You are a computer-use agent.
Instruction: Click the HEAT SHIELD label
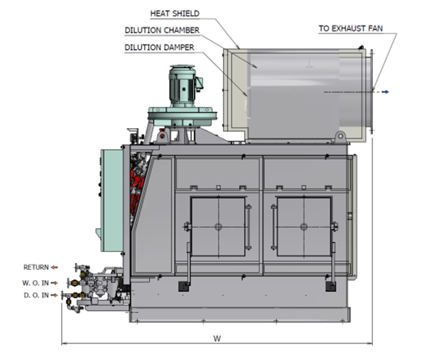click(175, 13)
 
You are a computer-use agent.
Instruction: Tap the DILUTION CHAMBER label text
click(162, 30)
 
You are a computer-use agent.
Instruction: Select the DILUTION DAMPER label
click(159, 47)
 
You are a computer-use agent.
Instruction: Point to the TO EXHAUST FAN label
click(350, 29)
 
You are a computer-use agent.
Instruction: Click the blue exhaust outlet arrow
click(385, 92)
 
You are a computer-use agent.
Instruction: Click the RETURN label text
click(36, 267)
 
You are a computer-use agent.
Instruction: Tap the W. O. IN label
click(36, 282)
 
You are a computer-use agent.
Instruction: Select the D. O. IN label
click(36, 295)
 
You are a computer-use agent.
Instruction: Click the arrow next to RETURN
click(54, 267)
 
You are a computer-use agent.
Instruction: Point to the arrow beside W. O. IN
click(54, 283)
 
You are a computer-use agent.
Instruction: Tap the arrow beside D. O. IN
click(54, 295)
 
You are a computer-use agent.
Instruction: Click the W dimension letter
click(217, 339)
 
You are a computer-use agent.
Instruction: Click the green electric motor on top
click(183, 86)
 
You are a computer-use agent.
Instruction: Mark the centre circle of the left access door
click(218, 227)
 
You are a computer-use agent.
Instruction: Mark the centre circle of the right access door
click(303, 227)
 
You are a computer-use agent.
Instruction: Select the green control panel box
click(112, 201)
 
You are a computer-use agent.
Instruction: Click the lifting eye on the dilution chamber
click(340, 137)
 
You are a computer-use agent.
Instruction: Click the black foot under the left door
click(183, 286)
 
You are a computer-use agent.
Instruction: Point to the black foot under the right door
click(331, 286)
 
